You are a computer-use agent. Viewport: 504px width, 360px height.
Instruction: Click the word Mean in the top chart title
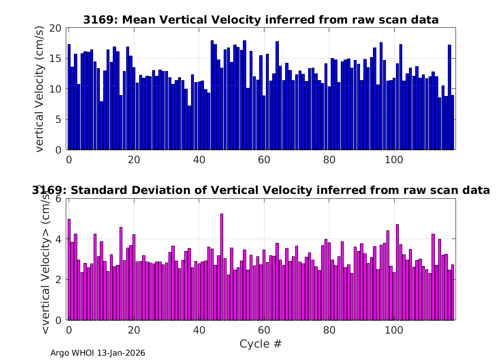pos(139,20)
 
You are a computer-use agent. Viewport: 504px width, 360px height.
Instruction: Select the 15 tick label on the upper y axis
pos(55,59)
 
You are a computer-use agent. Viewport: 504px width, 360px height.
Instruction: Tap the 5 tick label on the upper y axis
pos(58,120)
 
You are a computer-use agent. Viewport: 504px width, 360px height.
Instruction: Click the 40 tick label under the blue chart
pos(199,160)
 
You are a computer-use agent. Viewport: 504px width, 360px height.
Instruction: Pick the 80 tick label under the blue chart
pos(329,160)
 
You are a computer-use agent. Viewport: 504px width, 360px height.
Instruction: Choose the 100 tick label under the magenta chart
pos(394,330)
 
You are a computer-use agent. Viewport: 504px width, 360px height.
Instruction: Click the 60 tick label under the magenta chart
pos(264,330)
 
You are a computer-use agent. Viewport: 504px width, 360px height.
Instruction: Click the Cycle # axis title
pos(261,344)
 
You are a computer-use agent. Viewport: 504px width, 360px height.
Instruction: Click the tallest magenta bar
pos(222,267)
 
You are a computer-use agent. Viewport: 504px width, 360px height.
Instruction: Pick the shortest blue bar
pos(189,128)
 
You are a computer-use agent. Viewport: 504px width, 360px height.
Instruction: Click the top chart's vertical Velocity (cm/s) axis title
pos(39,89)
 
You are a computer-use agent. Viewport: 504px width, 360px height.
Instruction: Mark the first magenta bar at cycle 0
pos(69,270)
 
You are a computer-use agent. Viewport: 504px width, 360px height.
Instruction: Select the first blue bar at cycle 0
pos(69,97)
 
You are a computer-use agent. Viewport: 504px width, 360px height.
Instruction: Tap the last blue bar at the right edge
pos(453,122)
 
